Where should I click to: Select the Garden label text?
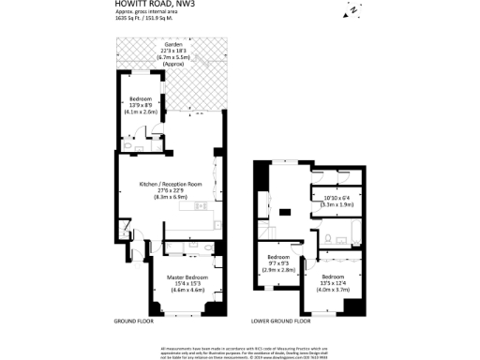coord(172,44)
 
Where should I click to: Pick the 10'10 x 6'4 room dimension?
coord(337,197)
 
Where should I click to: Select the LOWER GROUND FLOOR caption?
coord(281,321)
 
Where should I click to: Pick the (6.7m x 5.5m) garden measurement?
coord(172,57)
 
